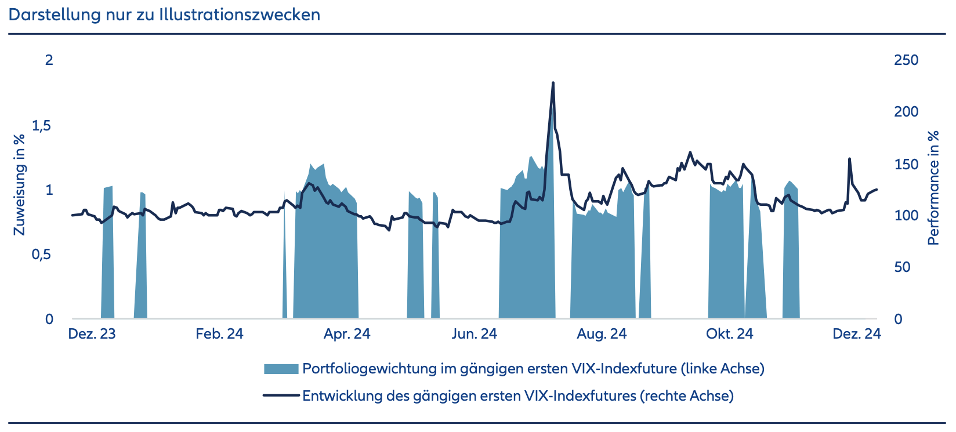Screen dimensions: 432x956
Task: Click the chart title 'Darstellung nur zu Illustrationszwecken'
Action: [164, 14]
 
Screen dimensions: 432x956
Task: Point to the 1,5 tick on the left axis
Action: [42, 126]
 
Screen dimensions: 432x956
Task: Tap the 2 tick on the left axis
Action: [49, 60]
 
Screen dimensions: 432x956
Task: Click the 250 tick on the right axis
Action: [906, 60]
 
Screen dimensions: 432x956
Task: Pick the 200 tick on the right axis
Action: [906, 111]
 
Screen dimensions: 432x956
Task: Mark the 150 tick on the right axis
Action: [906, 164]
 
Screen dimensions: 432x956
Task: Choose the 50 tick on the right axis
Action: [902, 267]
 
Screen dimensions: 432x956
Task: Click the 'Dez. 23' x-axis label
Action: [92, 334]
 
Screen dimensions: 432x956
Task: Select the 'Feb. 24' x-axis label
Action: [219, 334]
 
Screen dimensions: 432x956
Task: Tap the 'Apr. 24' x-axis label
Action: [347, 334]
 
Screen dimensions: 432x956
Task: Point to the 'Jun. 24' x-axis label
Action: [475, 334]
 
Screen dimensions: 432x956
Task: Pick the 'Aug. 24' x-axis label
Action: [602, 334]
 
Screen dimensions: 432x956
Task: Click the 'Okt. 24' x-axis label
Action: [729, 334]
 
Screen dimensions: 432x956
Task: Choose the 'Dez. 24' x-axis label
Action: [857, 334]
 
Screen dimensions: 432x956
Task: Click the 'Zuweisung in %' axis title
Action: [20, 184]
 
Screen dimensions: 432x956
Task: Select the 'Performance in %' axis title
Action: [933, 187]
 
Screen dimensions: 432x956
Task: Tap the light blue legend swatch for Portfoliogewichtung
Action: [281, 369]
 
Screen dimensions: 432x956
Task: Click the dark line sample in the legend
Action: [281, 396]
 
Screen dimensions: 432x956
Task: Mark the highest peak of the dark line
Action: [553, 83]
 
